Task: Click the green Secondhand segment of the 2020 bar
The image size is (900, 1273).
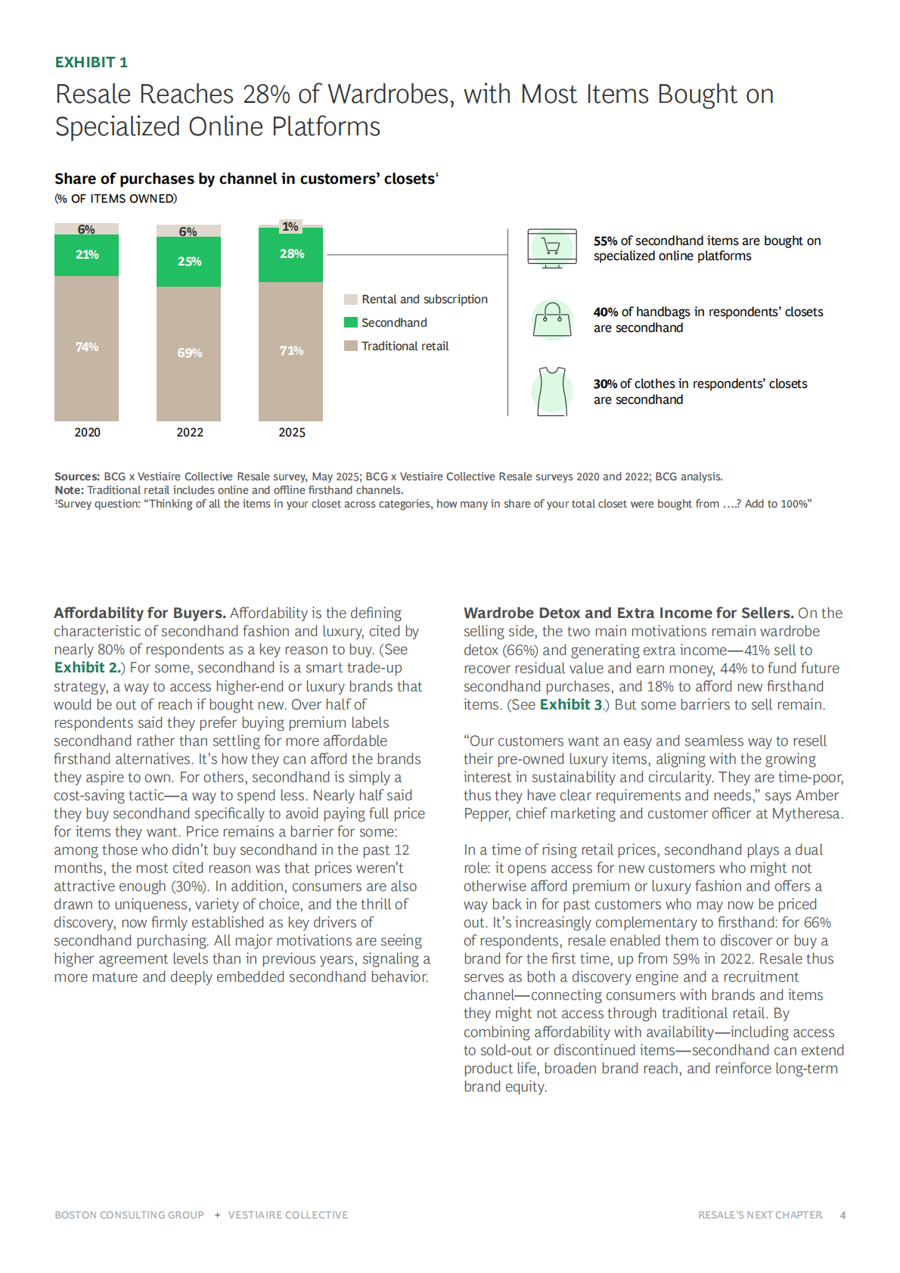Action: point(86,255)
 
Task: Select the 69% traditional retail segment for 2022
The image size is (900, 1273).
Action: point(188,353)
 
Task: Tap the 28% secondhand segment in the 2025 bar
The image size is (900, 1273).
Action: point(291,254)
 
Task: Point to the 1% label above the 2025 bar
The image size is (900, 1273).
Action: point(290,226)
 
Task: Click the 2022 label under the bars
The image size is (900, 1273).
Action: point(190,432)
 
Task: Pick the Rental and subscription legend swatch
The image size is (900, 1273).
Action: point(351,300)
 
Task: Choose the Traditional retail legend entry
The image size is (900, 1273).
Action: point(405,346)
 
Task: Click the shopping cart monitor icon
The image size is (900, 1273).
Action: point(552,248)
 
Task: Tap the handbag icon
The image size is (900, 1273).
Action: point(552,320)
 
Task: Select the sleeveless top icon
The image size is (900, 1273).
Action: point(552,391)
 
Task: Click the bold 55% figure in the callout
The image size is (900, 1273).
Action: point(605,241)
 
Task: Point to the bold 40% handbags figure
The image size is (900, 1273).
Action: point(605,312)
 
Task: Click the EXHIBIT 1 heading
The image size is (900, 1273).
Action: point(92,62)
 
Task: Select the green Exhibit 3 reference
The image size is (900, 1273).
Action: point(571,704)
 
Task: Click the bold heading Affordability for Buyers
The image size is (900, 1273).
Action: point(140,613)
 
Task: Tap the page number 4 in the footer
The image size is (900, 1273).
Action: point(843,1215)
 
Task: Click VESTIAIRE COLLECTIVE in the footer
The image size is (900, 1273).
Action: point(288,1215)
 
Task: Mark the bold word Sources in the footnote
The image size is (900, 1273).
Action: point(76,477)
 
